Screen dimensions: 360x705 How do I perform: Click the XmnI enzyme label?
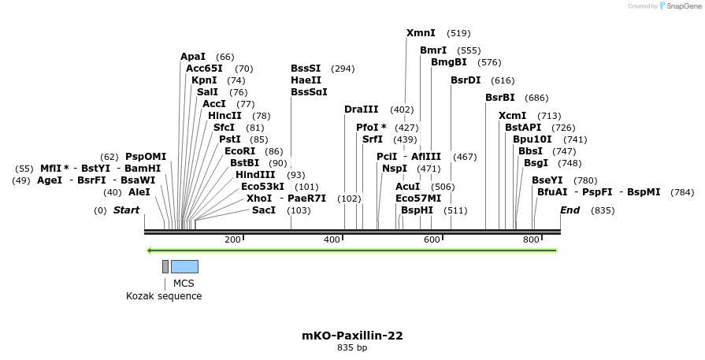[421, 33]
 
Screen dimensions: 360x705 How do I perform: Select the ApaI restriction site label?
[193, 57]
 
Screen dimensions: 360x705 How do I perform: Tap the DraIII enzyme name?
[362, 109]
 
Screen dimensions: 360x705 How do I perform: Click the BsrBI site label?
[500, 98]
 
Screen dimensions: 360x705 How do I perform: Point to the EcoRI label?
[240, 151]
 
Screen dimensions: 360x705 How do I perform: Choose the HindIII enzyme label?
[255, 175]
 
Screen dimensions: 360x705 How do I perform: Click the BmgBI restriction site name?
[449, 62]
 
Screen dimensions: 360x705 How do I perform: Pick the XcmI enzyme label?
[513, 116]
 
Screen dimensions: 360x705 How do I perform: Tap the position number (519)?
[458, 34]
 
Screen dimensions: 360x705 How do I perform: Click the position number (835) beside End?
[603, 210]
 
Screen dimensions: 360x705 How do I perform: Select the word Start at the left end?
[126, 210]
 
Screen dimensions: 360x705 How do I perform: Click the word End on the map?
[570, 210]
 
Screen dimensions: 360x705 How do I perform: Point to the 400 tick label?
[332, 239]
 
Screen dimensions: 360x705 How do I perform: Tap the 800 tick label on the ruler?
[530, 239]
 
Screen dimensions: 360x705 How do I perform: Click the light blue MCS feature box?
[184, 266]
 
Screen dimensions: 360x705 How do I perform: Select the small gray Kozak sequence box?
[165, 266]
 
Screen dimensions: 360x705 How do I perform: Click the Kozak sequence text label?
[164, 296]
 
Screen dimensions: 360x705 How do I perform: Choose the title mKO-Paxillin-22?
[352, 336]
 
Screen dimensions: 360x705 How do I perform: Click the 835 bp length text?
[352, 347]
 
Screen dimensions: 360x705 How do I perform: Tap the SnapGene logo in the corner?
[677, 6]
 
